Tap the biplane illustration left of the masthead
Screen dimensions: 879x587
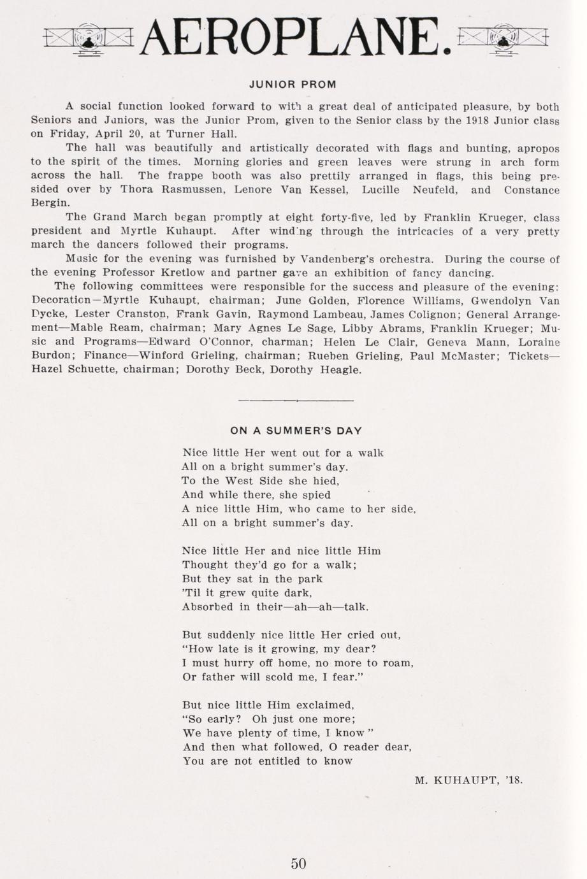tap(89, 39)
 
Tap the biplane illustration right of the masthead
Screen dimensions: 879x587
tap(504, 39)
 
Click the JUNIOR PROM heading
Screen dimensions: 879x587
tap(293, 84)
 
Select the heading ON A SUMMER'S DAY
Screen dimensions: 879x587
tap(296, 431)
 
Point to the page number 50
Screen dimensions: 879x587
tap(298, 864)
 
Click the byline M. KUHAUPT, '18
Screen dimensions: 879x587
tap(468, 779)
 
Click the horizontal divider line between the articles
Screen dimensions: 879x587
tap(296, 401)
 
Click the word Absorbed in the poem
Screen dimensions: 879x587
tap(207, 607)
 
